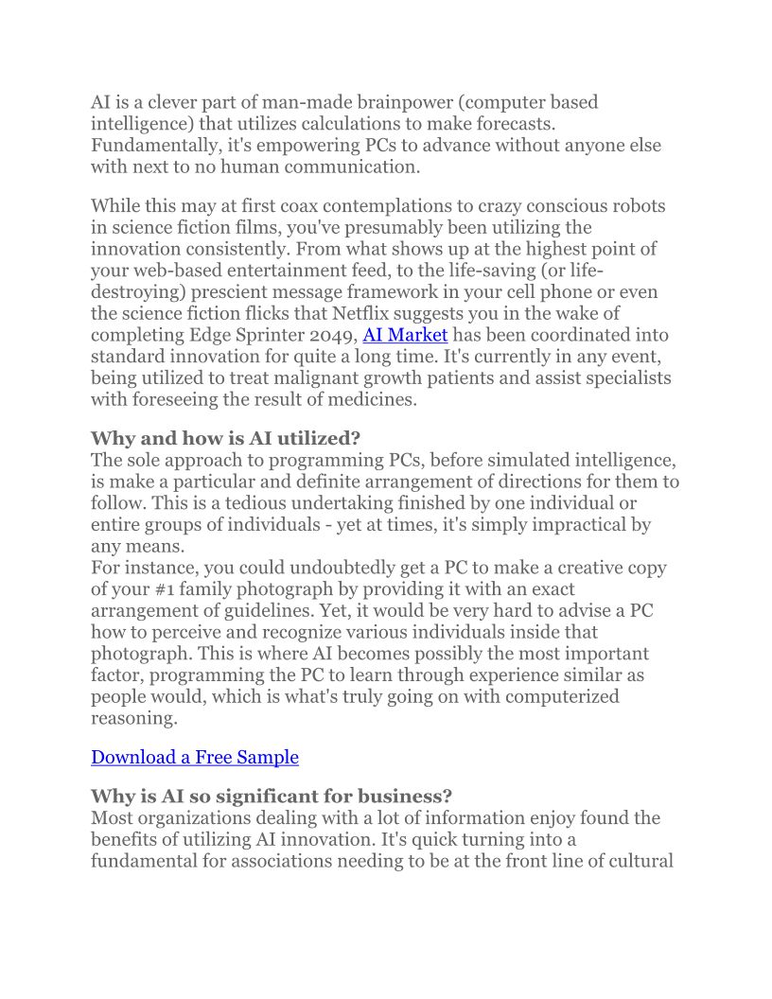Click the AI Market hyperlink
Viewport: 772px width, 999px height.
[x=405, y=335]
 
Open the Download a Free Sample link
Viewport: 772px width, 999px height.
[x=194, y=757]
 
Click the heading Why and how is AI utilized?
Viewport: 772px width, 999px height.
[x=225, y=438]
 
